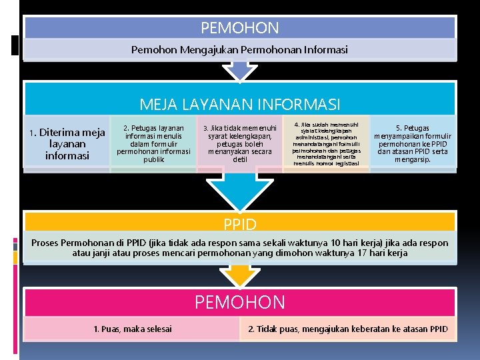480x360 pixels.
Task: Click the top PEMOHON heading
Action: click(x=239, y=28)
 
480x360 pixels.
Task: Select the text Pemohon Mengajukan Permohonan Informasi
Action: click(x=239, y=49)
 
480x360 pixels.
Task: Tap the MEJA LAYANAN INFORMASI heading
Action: click(x=239, y=105)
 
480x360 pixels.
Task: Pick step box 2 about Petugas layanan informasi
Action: click(x=153, y=143)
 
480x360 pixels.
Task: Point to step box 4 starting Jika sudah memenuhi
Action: click(x=326, y=143)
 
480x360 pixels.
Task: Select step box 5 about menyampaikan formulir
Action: click(x=413, y=143)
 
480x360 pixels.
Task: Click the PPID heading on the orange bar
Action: click(x=239, y=222)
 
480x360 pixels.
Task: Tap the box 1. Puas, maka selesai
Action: click(x=132, y=329)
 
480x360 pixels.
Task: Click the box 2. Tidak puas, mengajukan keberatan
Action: click(x=347, y=329)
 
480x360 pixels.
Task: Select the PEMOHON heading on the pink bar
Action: click(x=239, y=302)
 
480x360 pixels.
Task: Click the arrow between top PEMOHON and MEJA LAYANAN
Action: click(x=239, y=69)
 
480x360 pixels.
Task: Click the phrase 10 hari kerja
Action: click(x=326, y=243)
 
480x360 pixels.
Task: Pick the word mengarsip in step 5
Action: click(x=413, y=159)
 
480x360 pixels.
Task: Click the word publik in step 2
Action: click(x=153, y=159)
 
